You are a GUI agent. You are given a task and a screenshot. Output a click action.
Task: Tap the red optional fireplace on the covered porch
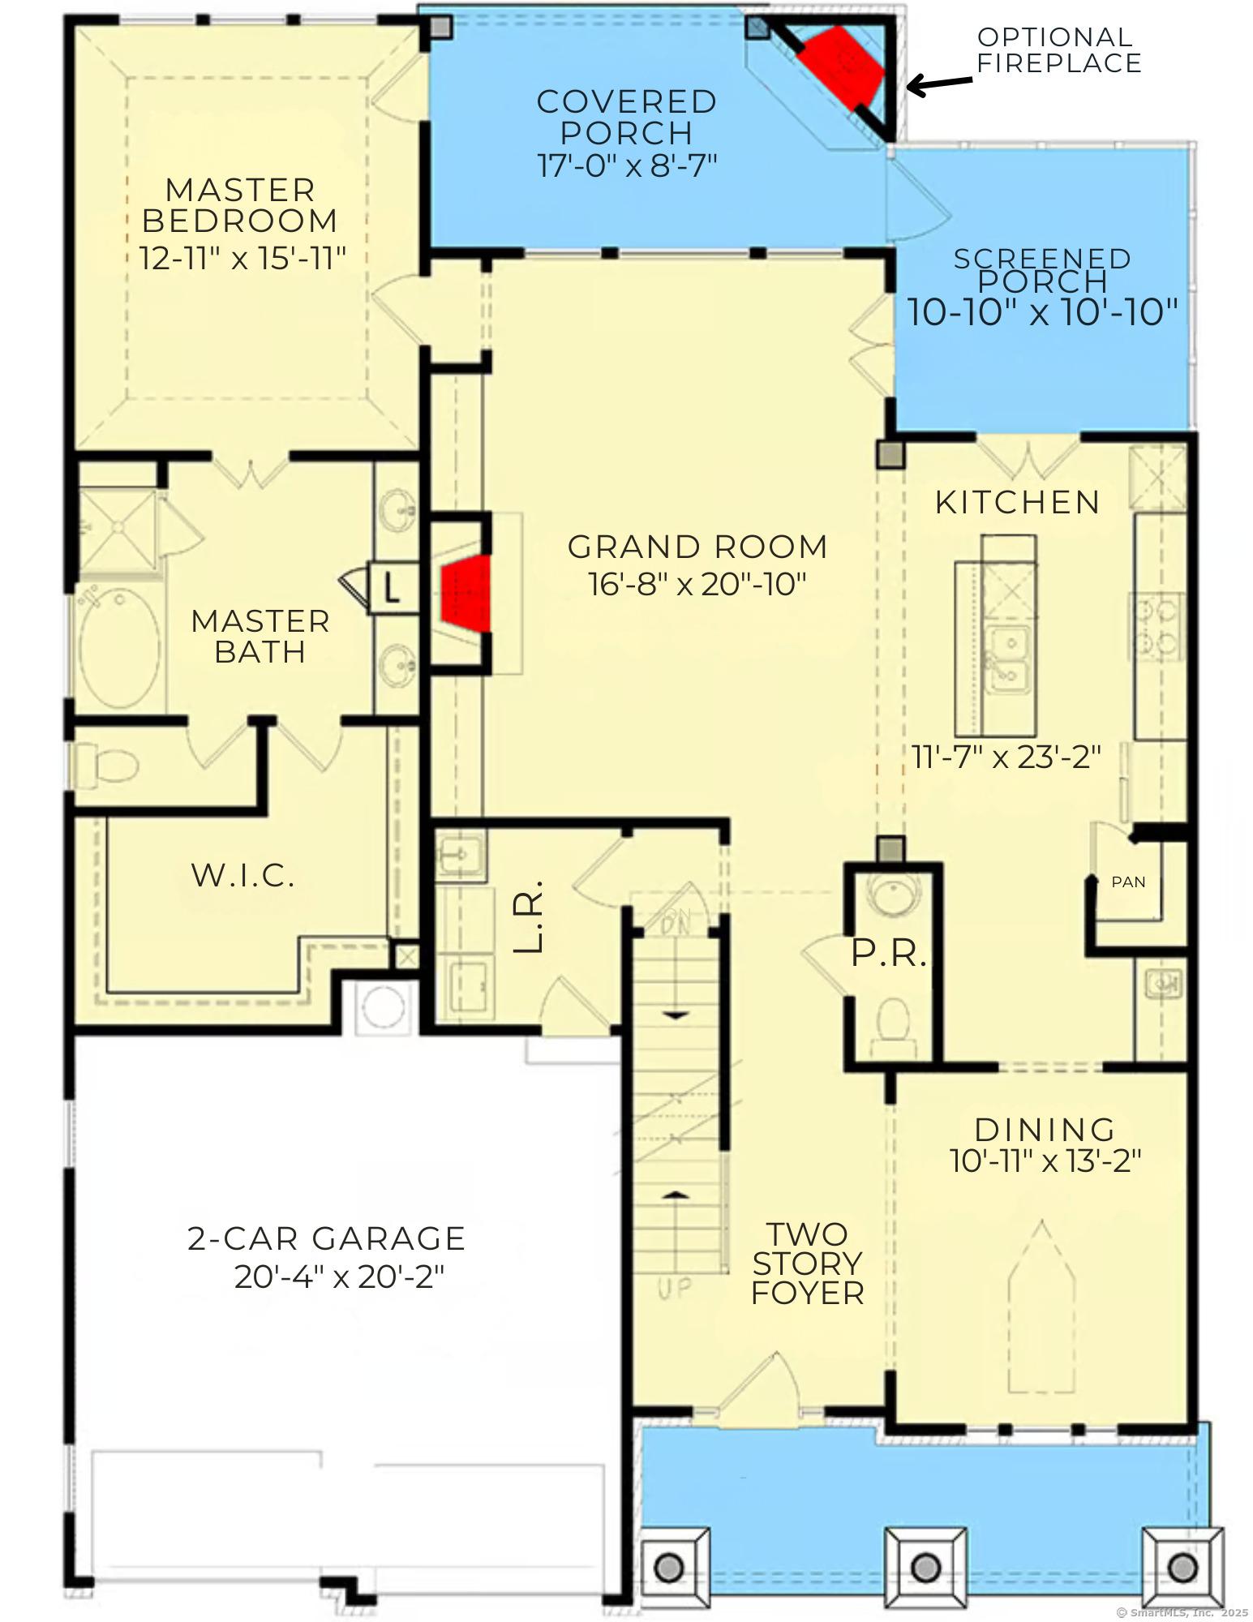[840, 67]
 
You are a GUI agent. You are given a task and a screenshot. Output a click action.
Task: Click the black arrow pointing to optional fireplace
[938, 83]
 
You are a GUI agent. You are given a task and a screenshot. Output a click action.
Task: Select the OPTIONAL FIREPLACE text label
[1058, 50]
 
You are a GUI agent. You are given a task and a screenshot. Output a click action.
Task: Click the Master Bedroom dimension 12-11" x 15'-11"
[242, 260]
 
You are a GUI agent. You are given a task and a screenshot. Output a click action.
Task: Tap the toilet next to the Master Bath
[106, 765]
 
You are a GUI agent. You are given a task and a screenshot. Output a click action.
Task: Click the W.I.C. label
[242, 875]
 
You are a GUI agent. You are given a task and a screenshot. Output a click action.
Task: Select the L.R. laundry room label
[529, 916]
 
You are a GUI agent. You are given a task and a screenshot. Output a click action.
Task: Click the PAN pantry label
[1128, 882]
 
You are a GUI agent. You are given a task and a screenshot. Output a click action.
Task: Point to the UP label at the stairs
[675, 1288]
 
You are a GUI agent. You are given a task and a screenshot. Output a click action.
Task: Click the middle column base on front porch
[924, 1565]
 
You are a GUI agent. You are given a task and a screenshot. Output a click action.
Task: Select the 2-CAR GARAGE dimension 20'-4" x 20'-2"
[340, 1277]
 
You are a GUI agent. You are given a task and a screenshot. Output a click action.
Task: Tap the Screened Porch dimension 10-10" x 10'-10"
[1041, 312]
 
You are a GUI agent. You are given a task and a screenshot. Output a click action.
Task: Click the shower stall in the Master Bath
[118, 529]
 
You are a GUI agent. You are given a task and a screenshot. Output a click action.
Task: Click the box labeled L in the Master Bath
[393, 588]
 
